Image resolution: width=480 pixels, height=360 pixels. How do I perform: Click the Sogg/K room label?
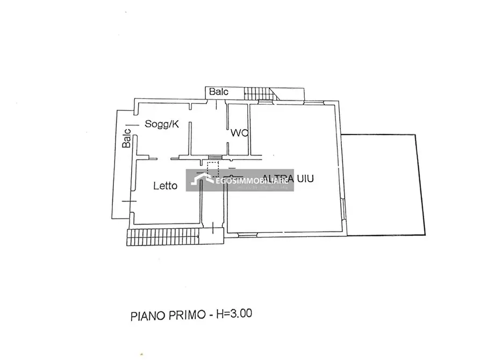(x=161, y=124)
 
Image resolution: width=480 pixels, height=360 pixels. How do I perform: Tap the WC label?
(x=239, y=133)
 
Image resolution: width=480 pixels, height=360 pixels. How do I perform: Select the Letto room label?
(x=165, y=186)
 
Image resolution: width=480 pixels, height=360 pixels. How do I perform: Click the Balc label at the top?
(x=219, y=92)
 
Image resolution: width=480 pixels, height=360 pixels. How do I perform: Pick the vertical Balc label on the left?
(x=127, y=138)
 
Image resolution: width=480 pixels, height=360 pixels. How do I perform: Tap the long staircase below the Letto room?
(x=163, y=237)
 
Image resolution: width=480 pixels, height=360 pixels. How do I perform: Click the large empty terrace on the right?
(x=382, y=184)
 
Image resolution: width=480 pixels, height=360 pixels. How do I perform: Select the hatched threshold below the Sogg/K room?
(x=214, y=157)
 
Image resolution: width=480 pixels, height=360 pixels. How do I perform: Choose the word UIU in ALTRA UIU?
(x=304, y=179)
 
